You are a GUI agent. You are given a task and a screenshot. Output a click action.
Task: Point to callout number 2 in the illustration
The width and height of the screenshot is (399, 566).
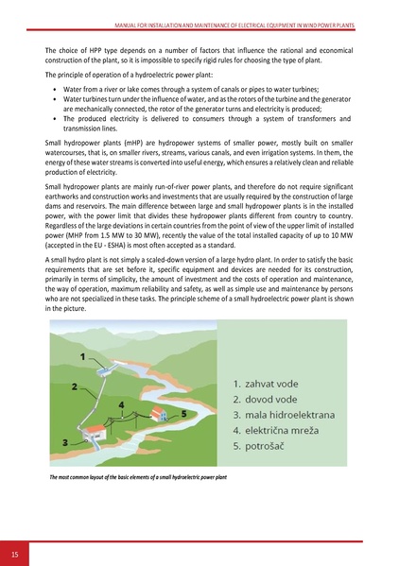click(75, 386)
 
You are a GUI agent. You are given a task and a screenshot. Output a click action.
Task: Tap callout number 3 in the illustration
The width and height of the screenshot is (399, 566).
click(65, 442)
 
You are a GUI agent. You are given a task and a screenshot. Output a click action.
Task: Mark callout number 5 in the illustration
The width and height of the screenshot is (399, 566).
click(182, 413)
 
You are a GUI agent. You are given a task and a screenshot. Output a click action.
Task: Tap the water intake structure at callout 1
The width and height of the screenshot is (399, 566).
click(102, 362)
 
